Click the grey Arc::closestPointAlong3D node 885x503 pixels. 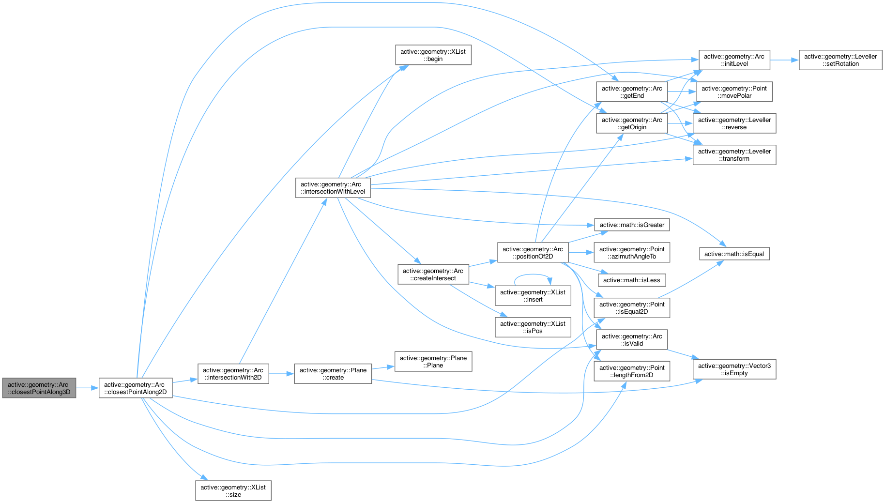pyautogui.click(x=39, y=388)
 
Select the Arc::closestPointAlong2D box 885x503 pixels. pyautogui.click(x=136, y=388)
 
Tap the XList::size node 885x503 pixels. pyautogui.click(x=233, y=490)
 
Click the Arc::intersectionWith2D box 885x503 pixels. pyautogui.click(x=233, y=374)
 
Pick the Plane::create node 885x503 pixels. pyautogui.click(x=333, y=374)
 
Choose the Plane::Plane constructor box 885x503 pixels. pyautogui.click(x=433, y=362)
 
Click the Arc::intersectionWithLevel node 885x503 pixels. pyautogui.click(x=333, y=188)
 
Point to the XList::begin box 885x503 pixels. pyautogui.click(x=433, y=55)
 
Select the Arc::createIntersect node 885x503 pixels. pyautogui.click(x=433, y=274)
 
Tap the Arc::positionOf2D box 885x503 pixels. pyautogui.click(x=533, y=253)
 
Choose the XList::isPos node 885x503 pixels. pyautogui.click(x=533, y=327)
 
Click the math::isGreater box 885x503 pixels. pyautogui.click(x=632, y=225)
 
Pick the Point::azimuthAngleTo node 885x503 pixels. pyautogui.click(x=632, y=253)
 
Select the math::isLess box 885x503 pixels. pyautogui.click(x=632, y=280)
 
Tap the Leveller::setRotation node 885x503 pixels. pyautogui.click(x=840, y=60)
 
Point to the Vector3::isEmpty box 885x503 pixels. pyautogui.click(x=734, y=369)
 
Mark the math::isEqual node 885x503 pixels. pyautogui.click(x=734, y=254)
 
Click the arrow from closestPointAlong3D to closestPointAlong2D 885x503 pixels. pyautogui.click(x=88, y=388)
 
